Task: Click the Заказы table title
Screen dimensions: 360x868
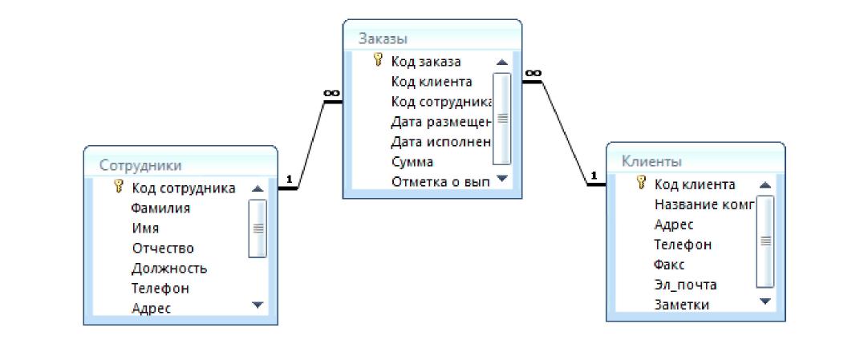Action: (383, 38)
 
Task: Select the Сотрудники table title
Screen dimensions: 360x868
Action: (140, 165)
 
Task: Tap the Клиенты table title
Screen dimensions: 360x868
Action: (652, 161)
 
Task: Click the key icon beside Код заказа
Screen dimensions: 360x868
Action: (379, 60)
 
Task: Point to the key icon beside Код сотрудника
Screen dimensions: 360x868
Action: (119, 188)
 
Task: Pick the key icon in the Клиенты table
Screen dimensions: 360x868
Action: (641, 184)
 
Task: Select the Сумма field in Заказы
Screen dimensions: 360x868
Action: (412, 162)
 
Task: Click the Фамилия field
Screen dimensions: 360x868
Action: (160, 208)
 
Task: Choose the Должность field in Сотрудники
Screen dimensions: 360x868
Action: (169, 268)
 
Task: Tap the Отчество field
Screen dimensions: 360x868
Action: (163, 249)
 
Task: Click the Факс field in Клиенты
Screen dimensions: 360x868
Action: (670, 264)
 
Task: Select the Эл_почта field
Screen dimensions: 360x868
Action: (685, 285)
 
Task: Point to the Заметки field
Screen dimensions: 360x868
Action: (682, 304)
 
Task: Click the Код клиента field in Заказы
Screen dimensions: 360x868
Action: (431, 81)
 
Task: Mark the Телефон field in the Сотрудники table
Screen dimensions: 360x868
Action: (160, 288)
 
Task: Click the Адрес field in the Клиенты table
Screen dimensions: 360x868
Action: (674, 224)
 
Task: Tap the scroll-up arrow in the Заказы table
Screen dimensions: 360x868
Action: (502, 62)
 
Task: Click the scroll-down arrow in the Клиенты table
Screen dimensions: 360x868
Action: (765, 302)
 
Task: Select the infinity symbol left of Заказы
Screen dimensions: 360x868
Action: (331, 93)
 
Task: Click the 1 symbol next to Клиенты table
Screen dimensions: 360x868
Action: (594, 176)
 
